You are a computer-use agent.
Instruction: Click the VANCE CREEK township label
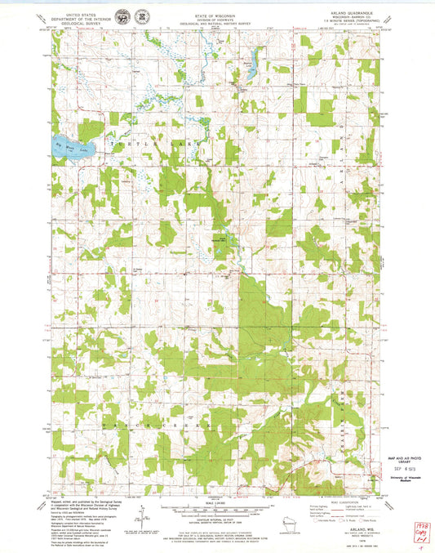[x=155, y=426]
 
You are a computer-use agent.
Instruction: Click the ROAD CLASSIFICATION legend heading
[x=342, y=499]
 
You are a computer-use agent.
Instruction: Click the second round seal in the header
[x=142, y=16]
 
